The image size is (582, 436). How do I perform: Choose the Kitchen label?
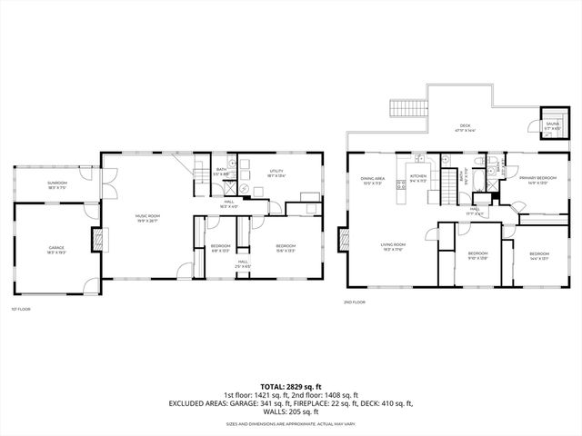(418, 177)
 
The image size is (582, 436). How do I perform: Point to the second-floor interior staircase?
(449, 191)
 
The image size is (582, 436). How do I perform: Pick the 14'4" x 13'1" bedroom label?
(539, 255)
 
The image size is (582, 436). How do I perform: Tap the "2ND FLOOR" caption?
(355, 302)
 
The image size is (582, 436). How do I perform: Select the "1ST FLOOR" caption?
(20, 310)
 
